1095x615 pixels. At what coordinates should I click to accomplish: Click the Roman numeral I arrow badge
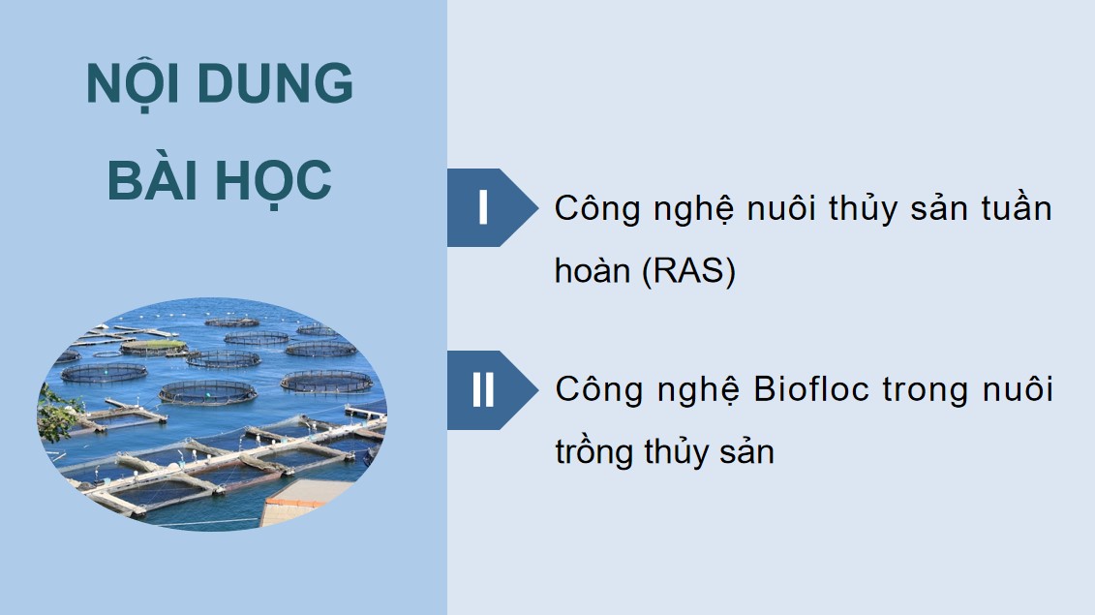pos(483,207)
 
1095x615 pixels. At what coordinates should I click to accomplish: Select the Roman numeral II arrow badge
pos(483,390)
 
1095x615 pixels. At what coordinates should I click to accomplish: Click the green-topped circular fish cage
pos(153,345)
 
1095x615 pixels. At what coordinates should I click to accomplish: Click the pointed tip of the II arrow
pos(534,390)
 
